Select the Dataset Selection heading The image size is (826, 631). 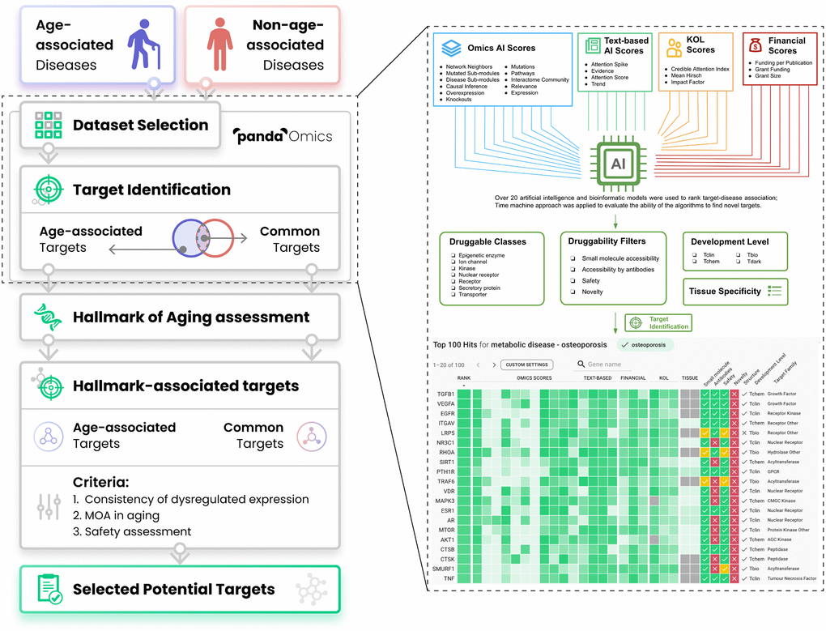[x=140, y=125]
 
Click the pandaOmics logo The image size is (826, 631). [x=283, y=136]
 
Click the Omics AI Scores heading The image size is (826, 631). [x=501, y=49]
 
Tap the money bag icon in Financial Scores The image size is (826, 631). [x=755, y=45]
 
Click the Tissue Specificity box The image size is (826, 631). [x=735, y=292]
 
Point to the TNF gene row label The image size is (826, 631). [x=448, y=578]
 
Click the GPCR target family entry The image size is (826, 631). [x=776, y=471]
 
